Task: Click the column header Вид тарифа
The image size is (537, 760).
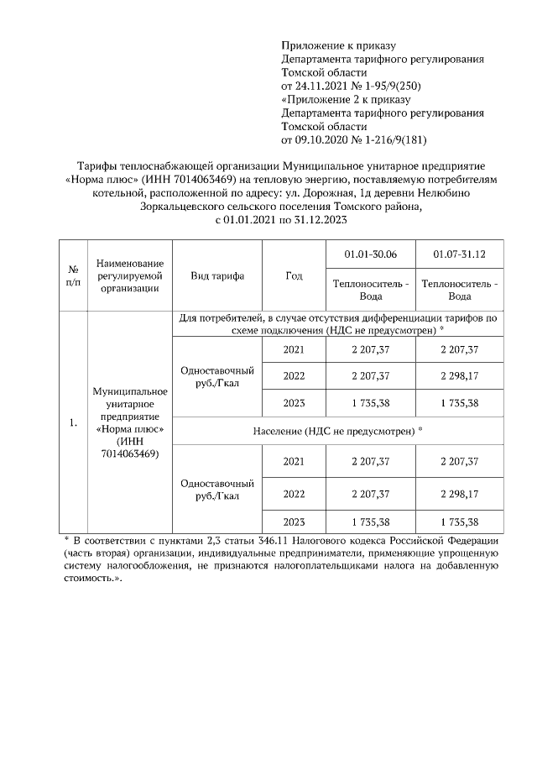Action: tap(217, 276)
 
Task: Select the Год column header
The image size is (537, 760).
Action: tap(294, 276)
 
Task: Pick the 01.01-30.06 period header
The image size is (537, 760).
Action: tap(371, 254)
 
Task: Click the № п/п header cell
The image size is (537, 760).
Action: tap(73, 276)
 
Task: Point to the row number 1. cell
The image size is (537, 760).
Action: tap(73, 422)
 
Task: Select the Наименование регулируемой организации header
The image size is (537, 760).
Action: tap(130, 276)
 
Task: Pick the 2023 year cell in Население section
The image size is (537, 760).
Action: tap(294, 522)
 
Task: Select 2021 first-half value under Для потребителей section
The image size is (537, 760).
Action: tap(371, 349)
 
